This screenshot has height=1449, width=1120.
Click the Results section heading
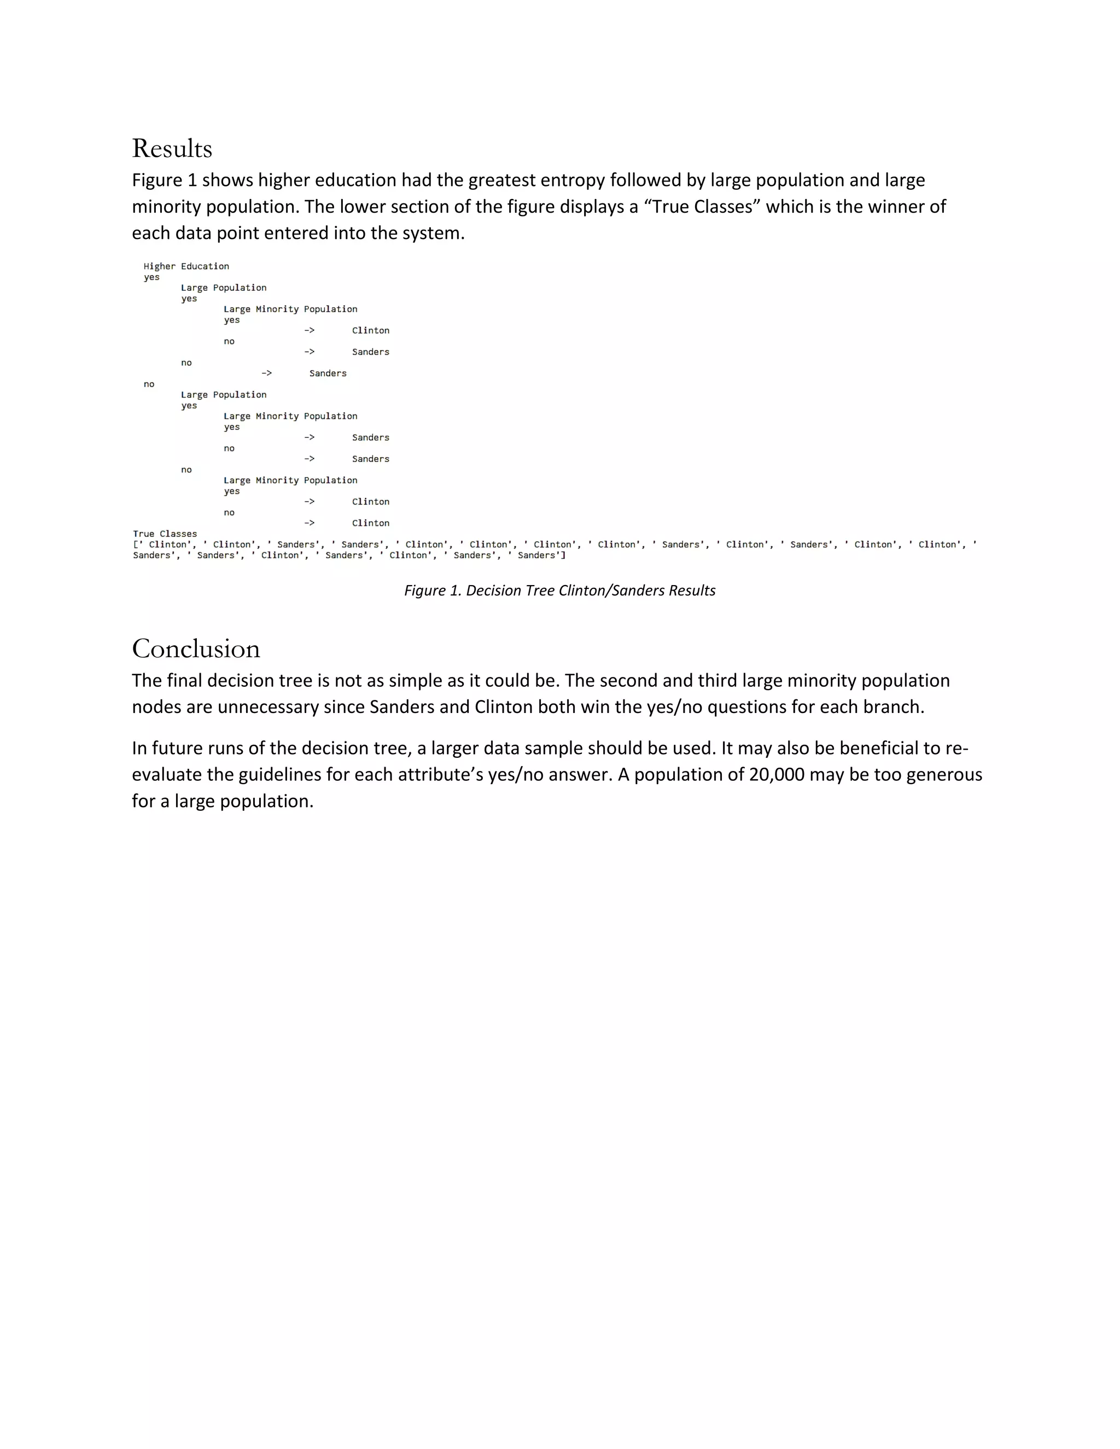[172, 149]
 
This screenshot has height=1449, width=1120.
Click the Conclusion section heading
[196, 649]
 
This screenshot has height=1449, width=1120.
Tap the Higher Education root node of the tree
[186, 267]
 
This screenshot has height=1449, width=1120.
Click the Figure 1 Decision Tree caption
[559, 591]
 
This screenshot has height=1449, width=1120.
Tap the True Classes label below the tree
[165, 534]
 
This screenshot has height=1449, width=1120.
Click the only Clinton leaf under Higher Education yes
[370, 330]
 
